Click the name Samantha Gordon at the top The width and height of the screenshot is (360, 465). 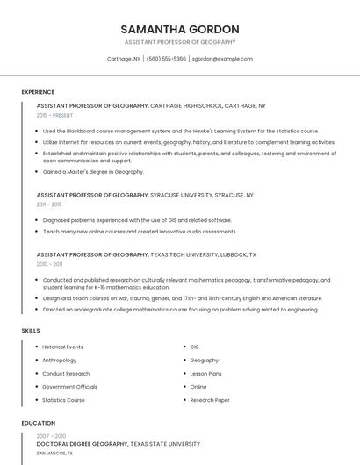[x=180, y=29]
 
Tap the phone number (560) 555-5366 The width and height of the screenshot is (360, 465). [x=166, y=59]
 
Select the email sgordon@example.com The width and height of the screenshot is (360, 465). [x=222, y=59]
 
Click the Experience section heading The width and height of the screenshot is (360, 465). [x=38, y=92]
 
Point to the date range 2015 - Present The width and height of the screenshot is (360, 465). [x=54, y=115]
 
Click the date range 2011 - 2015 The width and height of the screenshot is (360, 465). [x=49, y=204]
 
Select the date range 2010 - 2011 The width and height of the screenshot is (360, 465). [x=49, y=264]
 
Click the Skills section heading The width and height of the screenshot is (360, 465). [x=31, y=331]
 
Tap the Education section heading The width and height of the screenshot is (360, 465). [x=38, y=423]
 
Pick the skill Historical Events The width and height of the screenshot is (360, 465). [x=62, y=347]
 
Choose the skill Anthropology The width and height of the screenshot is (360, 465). [x=59, y=361]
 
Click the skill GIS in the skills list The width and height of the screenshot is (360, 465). [x=194, y=347]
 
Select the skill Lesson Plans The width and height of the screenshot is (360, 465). [x=205, y=374]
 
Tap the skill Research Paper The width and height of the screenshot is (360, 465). [x=209, y=400]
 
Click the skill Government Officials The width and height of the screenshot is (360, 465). [x=69, y=387]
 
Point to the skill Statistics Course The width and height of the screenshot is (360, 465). [x=63, y=400]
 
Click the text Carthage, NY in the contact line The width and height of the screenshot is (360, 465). [x=124, y=59]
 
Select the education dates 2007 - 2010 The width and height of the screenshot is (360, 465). [x=51, y=436]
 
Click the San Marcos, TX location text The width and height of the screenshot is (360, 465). [x=54, y=454]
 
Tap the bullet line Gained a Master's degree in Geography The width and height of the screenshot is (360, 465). [x=92, y=172]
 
